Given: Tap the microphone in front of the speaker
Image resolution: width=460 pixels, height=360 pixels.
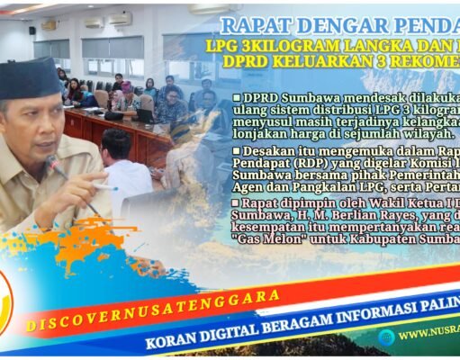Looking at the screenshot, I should click(56, 164).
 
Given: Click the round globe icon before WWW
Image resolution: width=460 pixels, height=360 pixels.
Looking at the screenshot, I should click(386, 336).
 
